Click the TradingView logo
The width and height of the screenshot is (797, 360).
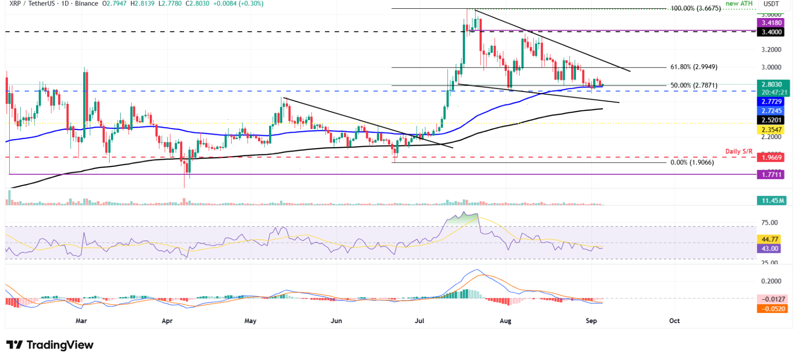click(x=50, y=345)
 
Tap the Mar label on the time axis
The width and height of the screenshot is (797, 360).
click(x=81, y=321)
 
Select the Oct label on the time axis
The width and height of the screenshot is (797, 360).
click(x=674, y=321)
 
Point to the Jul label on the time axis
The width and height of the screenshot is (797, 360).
click(x=419, y=321)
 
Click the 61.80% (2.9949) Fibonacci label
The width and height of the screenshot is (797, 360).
click(x=694, y=67)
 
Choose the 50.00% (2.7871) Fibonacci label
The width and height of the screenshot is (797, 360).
click(x=694, y=85)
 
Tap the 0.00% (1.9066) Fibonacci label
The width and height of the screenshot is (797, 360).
click(x=692, y=163)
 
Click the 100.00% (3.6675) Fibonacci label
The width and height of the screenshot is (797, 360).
click(x=696, y=8)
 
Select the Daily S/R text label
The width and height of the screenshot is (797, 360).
click(x=739, y=151)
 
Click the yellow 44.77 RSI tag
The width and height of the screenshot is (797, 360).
click(x=770, y=239)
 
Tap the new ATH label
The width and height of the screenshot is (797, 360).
click(x=739, y=4)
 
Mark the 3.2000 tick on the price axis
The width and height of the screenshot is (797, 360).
click(x=771, y=49)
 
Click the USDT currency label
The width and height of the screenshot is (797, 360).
click(x=771, y=4)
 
